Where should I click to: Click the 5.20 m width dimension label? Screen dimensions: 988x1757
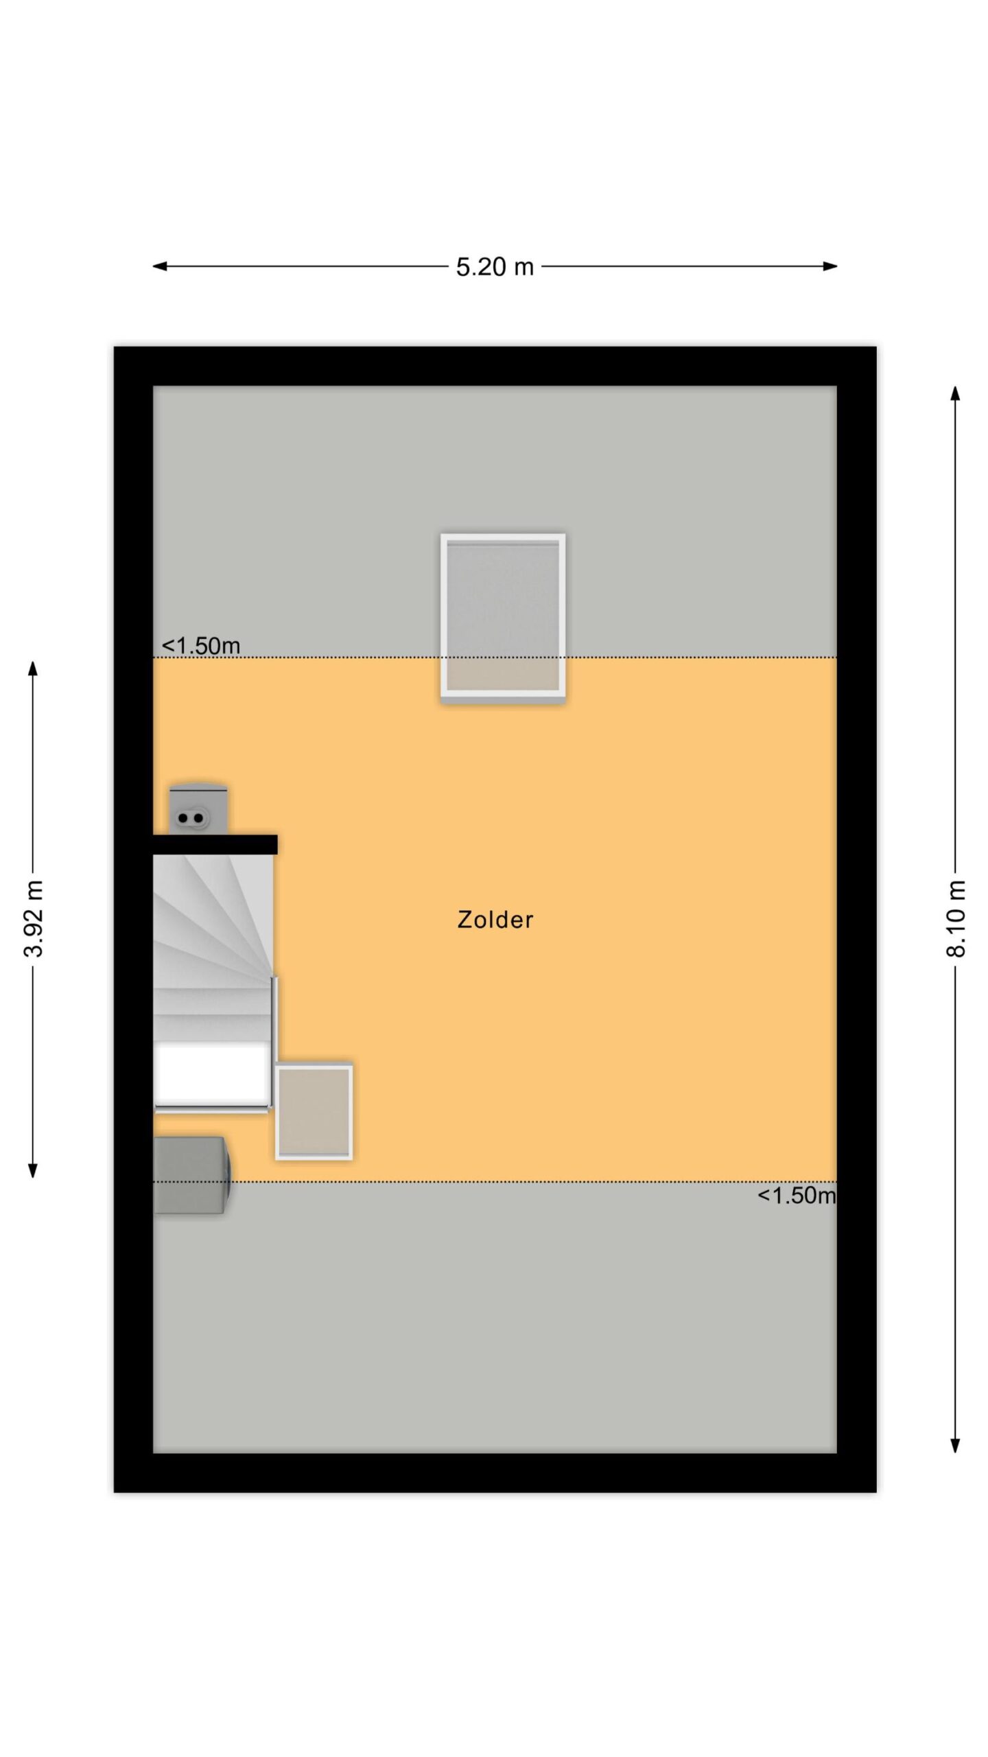(495, 266)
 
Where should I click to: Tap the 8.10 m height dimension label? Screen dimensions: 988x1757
(956, 918)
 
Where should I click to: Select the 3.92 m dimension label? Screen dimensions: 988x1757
(33, 918)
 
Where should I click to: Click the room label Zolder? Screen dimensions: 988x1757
(495, 920)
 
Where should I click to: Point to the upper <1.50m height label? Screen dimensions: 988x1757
(200, 646)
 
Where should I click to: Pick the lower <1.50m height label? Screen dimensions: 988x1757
(797, 1195)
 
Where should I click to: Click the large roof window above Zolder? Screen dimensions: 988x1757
(503, 618)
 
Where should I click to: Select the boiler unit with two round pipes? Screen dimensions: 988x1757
(198, 809)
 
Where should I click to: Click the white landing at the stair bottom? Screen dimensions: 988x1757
(211, 1073)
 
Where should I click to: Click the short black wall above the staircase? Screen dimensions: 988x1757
(215, 844)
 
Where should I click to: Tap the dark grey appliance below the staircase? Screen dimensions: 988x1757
(191, 1175)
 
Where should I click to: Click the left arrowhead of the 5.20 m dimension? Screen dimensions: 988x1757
(159, 266)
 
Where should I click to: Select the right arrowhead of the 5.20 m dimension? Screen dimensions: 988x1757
(830, 266)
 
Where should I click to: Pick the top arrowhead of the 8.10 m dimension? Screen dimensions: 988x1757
(955, 393)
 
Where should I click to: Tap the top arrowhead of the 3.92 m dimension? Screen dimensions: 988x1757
(32, 668)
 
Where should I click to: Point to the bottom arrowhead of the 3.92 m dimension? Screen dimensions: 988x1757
(32, 1170)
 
